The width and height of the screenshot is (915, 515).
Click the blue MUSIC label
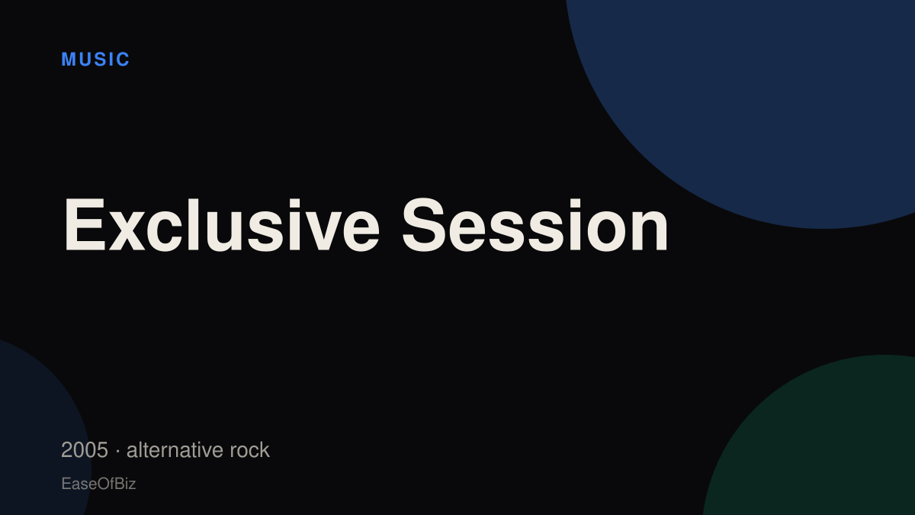[95, 60]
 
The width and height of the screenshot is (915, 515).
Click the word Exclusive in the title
[222, 224]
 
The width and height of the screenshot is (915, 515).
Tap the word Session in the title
[535, 224]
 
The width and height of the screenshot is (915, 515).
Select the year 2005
[85, 450]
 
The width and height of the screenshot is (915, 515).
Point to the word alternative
[175, 450]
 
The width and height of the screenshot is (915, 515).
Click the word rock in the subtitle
[249, 450]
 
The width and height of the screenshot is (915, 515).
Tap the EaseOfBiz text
[98, 484]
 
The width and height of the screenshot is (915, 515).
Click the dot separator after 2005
[117, 451]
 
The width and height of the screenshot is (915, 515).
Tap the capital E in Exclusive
[85, 224]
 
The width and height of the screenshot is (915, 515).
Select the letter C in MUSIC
[123, 60]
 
